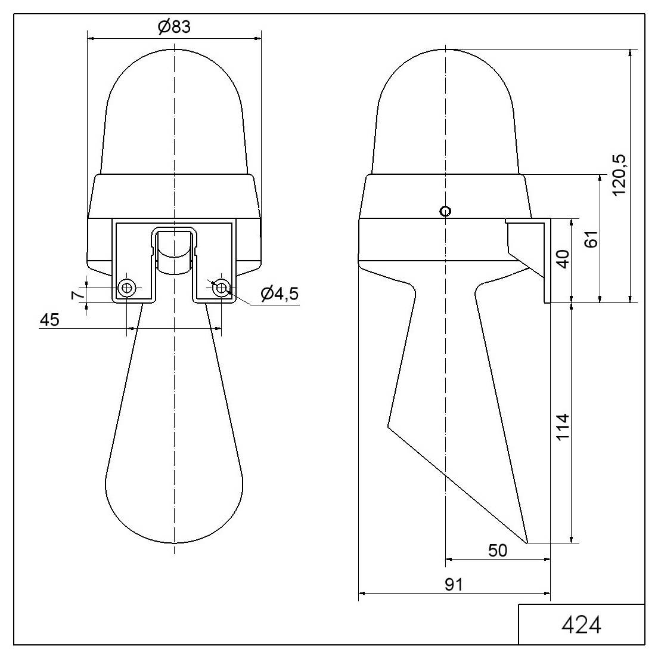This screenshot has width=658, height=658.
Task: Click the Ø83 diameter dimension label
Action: click(174, 26)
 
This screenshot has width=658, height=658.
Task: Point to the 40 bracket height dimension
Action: click(562, 260)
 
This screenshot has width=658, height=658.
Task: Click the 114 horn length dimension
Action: click(562, 427)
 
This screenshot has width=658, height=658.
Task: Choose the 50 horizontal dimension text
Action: click(498, 550)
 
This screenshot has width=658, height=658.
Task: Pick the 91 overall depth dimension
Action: click(454, 585)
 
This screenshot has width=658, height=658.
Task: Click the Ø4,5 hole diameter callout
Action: click(279, 294)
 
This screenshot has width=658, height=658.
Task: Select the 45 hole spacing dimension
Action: click(49, 320)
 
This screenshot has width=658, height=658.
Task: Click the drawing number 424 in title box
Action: click(581, 625)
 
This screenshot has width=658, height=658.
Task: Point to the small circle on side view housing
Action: click(445, 211)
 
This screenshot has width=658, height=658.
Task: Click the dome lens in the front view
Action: click(174, 113)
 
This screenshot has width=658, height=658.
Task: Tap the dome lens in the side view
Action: click(445, 113)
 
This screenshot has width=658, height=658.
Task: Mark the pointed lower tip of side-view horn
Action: click(527, 542)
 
